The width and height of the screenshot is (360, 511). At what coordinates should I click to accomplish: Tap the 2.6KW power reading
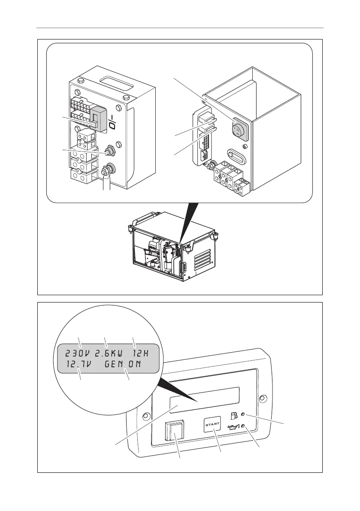pos(108,354)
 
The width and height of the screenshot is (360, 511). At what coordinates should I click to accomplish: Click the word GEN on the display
pos(114,365)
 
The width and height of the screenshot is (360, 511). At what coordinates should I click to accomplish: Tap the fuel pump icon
pos(234,415)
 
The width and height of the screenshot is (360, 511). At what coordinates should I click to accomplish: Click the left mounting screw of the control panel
pos(145,416)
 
